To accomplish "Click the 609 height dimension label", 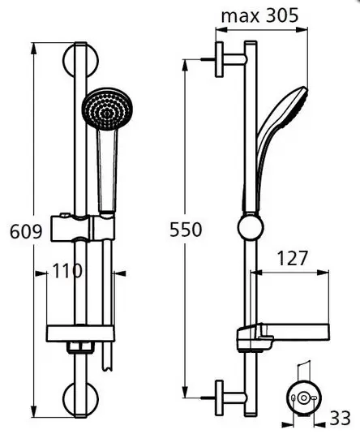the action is coord(26,232).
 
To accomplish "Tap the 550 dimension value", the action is coord(186,230).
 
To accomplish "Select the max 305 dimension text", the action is coord(259,15).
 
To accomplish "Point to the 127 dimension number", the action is coord(292,258).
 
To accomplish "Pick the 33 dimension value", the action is coord(341,418).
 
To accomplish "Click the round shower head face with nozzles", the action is coord(108,109).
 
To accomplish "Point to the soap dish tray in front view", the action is coord(80,333).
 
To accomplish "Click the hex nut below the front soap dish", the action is coord(80,348).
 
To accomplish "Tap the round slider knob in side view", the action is coord(251,226).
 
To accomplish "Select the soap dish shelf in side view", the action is coord(283,337).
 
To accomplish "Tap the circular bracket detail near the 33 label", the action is coord(304,398).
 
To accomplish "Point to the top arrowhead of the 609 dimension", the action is coord(33,48).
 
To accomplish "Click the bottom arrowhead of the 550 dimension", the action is coord(186,392).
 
